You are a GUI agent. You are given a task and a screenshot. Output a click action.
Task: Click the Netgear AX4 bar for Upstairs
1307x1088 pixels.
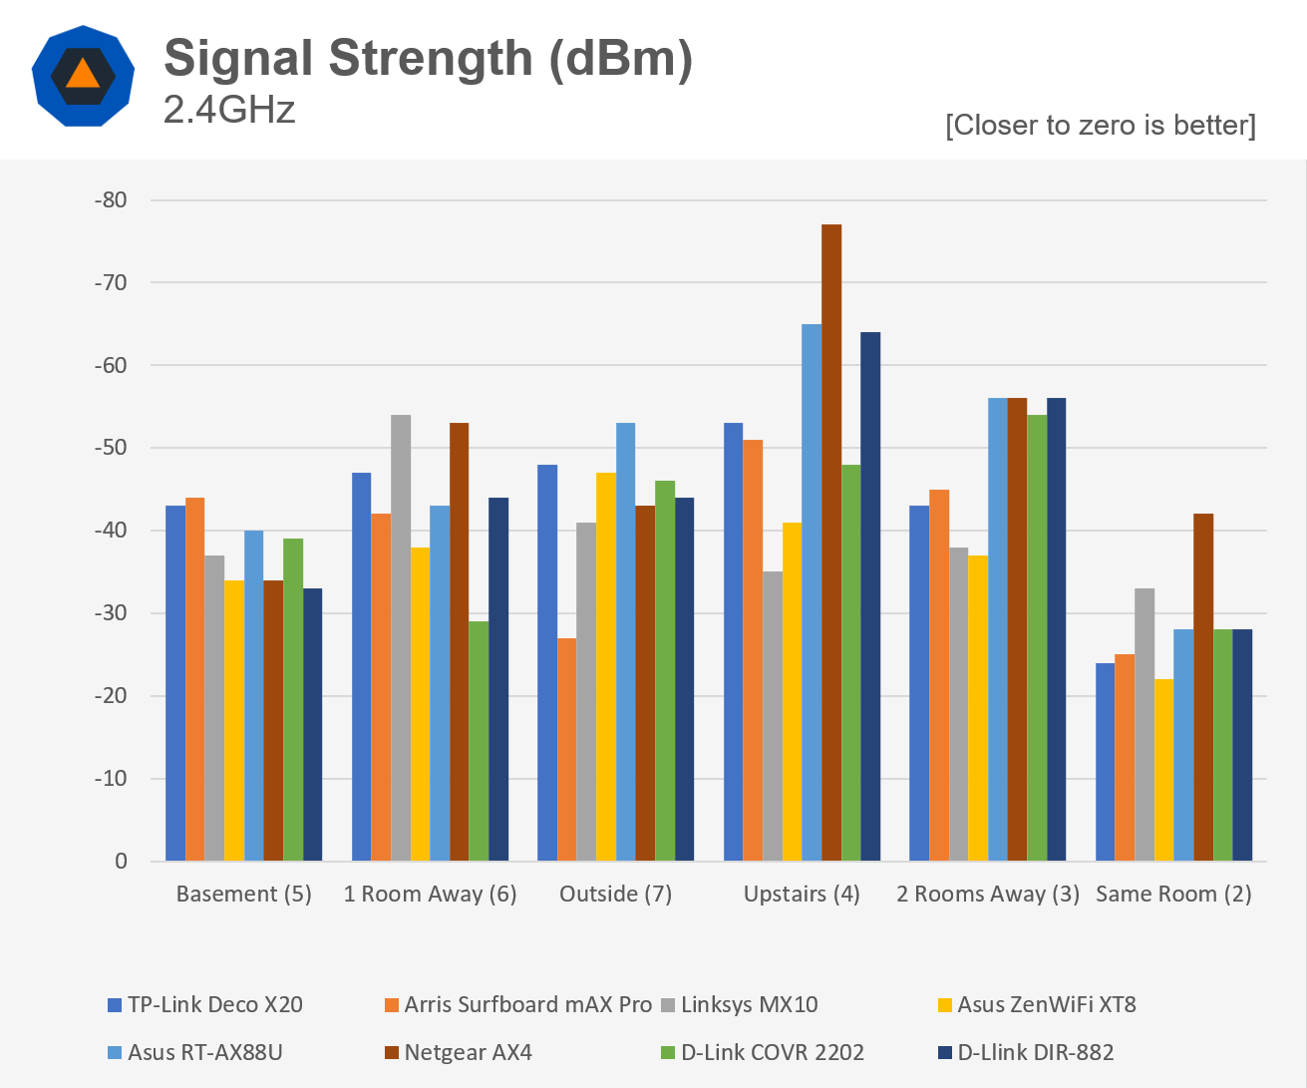831,543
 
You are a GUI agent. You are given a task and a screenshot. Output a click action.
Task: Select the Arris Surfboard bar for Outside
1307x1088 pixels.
566,749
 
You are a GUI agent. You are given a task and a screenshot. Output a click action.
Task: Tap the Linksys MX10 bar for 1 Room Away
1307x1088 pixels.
401,637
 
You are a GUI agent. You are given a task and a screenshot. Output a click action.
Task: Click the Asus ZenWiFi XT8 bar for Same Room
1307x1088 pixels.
1163,770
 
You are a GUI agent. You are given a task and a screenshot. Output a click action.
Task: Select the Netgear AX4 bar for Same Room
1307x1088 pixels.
1203,687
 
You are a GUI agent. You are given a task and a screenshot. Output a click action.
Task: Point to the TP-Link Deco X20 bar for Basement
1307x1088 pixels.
175,683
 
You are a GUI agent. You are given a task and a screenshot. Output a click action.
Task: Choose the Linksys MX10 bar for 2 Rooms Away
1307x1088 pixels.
958,704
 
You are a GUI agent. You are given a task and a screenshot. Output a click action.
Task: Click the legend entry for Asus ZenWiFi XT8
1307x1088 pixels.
1046,1004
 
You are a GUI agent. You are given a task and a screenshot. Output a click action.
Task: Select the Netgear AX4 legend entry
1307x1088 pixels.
468,1052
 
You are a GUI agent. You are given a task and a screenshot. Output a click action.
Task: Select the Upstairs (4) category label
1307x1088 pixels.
802,894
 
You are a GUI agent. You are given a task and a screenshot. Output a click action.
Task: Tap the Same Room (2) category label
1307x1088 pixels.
1173,894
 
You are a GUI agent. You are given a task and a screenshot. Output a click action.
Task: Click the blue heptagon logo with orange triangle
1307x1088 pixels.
83,76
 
